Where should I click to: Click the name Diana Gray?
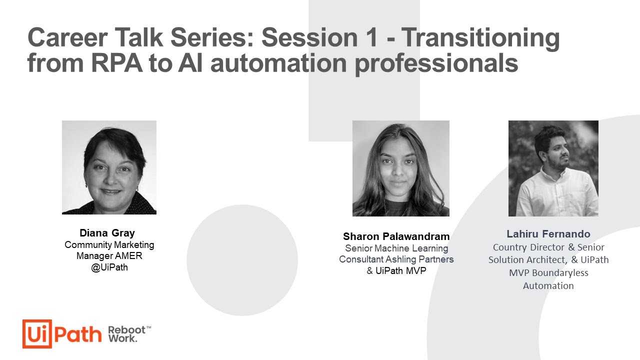point(107,233)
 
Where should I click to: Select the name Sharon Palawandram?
point(396,236)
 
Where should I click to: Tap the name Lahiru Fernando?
point(548,234)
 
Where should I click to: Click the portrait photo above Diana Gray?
point(109,167)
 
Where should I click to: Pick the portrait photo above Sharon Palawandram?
point(400,168)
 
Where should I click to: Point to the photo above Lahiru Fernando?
point(553,168)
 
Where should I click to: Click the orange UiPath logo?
point(62,333)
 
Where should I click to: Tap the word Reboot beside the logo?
point(126,330)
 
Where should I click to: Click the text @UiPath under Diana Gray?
point(109,267)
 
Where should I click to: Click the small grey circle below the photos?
point(242,260)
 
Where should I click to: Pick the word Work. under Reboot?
point(122,338)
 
